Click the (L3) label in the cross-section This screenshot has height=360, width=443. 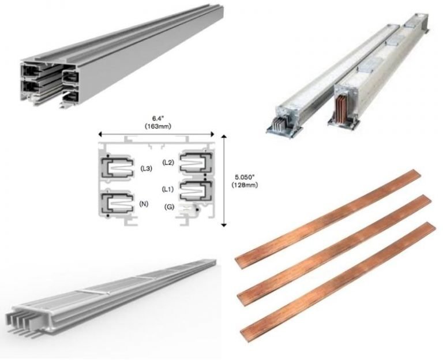pyautogui.click(x=146, y=168)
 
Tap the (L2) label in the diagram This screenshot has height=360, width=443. pyautogui.click(x=168, y=163)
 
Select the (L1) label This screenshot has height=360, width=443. pyautogui.click(x=168, y=189)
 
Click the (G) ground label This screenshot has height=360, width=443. pyautogui.click(x=169, y=206)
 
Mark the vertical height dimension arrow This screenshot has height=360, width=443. pyautogui.click(x=224, y=179)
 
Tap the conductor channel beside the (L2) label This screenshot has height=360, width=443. pyautogui.click(x=196, y=163)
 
